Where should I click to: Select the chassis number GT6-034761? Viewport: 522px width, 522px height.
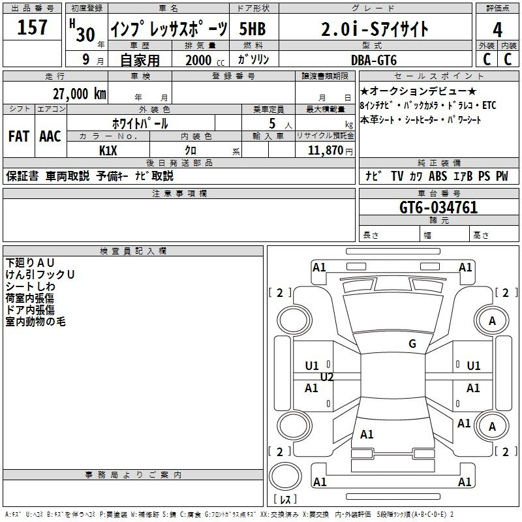tap(438, 208)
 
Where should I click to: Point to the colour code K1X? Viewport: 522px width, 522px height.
tap(108, 150)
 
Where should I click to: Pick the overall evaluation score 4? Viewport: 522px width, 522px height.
tap(497, 29)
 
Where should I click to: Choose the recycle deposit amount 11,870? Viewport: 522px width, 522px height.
tap(325, 150)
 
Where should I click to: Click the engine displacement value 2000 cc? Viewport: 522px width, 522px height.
tap(200, 60)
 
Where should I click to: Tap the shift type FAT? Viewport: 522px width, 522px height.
tap(19, 136)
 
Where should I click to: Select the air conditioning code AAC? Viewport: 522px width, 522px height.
tap(50, 136)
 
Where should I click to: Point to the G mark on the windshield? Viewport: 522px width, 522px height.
tap(412, 344)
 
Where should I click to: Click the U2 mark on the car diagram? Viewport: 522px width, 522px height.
tap(327, 377)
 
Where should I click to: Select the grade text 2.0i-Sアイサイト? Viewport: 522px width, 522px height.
tap(375, 29)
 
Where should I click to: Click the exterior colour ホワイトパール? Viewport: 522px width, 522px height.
tap(140, 123)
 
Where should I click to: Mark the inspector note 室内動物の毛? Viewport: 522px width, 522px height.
tap(36, 322)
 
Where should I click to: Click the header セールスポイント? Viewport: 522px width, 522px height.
tap(423, 76)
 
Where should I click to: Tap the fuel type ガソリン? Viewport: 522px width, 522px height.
tap(254, 60)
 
